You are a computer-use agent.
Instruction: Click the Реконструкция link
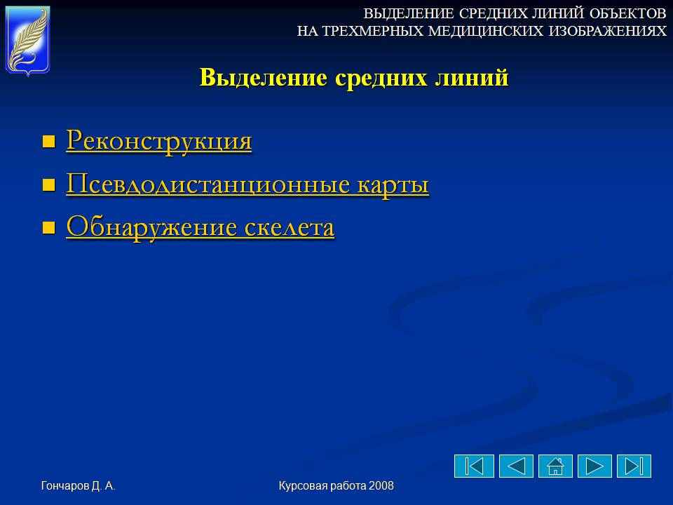click(159, 140)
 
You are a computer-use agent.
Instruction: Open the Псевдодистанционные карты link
click(247, 184)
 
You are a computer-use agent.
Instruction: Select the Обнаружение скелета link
click(200, 227)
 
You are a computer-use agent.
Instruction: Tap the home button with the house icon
click(555, 466)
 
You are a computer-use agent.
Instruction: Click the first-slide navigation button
click(475, 466)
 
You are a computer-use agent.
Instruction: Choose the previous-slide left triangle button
click(517, 466)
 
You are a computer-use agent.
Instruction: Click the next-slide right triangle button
click(594, 466)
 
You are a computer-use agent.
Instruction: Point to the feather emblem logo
click(28, 41)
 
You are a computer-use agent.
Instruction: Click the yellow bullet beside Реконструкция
click(49, 142)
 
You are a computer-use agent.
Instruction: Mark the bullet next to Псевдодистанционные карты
click(49, 185)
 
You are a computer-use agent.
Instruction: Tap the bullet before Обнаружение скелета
click(49, 227)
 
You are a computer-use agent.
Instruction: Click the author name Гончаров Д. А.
click(78, 485)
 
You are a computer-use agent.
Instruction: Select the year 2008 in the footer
click(381, 485)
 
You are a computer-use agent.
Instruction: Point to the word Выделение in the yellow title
click(264, 78)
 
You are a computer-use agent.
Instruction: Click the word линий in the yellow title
click(472, 78)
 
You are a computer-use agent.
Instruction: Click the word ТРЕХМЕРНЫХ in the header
click(372, 31)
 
